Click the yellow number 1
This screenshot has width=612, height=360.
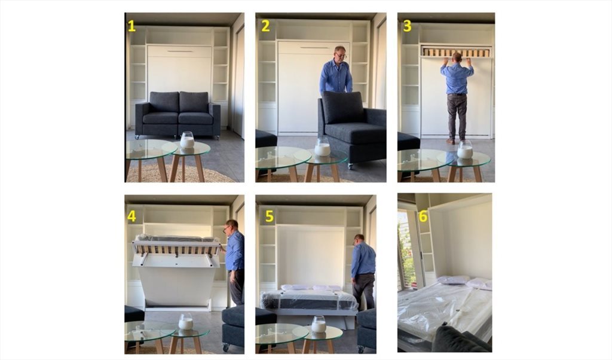pos(131,26)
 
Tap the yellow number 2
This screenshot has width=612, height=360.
pos(265,26)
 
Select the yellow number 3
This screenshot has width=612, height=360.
pos(407,26)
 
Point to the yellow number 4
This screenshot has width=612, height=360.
pos(132,216)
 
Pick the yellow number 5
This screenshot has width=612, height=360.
pos(270,216)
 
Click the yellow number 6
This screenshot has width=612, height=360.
pos(423,216)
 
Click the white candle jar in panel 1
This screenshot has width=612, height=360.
pos(187,140)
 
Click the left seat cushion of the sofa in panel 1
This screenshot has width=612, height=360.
pos(160,118)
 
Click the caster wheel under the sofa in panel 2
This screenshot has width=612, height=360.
pos(350,166)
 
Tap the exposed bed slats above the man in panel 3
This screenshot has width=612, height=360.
pos(456,52)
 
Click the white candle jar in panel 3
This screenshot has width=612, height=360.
pos(465,150)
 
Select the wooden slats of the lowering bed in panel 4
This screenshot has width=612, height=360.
pos(177,249)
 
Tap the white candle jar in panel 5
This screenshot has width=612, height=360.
pos(319,324)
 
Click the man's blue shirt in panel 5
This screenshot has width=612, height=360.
pos(363,259)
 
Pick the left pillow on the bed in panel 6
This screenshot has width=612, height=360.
pos(453,280)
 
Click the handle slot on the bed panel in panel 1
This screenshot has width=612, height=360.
pos(179,51)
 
